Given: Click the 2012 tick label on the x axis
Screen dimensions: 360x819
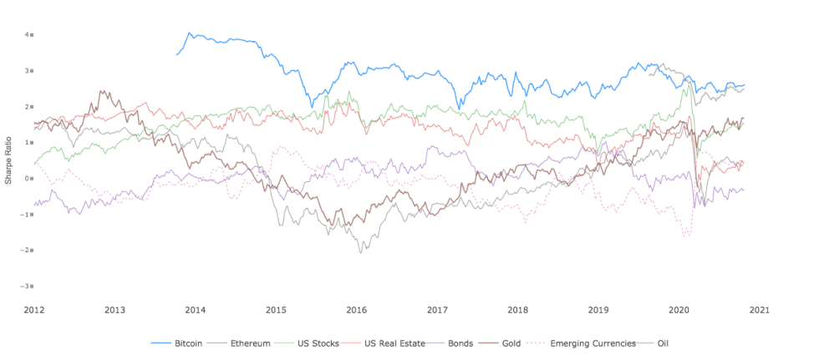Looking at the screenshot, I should pos(33,309).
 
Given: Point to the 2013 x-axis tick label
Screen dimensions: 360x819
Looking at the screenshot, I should pos(114,309).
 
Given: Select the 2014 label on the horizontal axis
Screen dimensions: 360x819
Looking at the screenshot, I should pos(195,309).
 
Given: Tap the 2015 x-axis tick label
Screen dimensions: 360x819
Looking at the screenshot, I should pos(276,309).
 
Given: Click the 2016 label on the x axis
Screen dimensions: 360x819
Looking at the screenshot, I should pos(356,309).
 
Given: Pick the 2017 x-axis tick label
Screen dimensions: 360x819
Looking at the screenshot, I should pos(437,309).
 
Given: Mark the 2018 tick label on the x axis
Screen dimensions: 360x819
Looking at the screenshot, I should pos(517,309).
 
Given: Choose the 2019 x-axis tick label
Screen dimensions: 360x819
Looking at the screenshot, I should pos(598,309).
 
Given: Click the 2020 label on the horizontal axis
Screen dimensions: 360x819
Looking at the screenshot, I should pos(679,309).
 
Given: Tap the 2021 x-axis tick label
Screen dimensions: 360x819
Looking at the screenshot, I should pos(759,309).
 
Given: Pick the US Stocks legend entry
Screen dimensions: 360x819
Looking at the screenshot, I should pos(302,343).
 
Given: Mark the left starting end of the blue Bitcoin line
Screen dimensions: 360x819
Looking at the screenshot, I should pos(175,55).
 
